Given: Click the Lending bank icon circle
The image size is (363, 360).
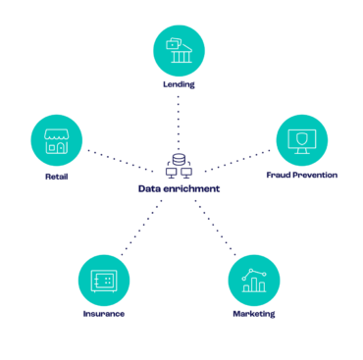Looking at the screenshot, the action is click(x=179, y=50).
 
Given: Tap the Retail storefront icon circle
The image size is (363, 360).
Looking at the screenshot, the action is click(x=56, y=140).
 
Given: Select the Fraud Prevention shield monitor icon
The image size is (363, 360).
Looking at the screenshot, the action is click(x=301, y=140).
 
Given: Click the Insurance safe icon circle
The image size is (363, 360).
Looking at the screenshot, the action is click(x=103, y=280).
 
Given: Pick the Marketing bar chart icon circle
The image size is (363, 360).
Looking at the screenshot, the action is click(x=254, y=280).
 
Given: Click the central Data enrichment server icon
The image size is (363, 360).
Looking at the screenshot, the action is click(x=179, y=168).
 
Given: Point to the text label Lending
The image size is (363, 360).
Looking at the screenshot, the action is click(x=179, y=84).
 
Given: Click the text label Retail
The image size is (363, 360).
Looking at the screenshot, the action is click(x=56, y=177).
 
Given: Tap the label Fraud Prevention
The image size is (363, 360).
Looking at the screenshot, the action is click(x=301, y=175).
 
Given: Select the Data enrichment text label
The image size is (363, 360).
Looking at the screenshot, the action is click(x=179, y=188).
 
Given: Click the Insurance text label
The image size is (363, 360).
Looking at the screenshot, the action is click(x=103, y=315).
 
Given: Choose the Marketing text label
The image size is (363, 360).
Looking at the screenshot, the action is click(x=254, y=315).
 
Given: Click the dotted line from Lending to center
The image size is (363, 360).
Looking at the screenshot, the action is click(x=179, y=123).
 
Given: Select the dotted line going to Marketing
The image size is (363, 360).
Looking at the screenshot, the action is click(x=216, y=228).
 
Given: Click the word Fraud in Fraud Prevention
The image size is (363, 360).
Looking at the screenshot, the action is click(x=279, y=175).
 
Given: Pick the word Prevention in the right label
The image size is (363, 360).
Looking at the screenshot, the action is click(x=315, y=175).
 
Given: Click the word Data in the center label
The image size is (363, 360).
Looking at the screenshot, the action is click(x=148, y=188).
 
